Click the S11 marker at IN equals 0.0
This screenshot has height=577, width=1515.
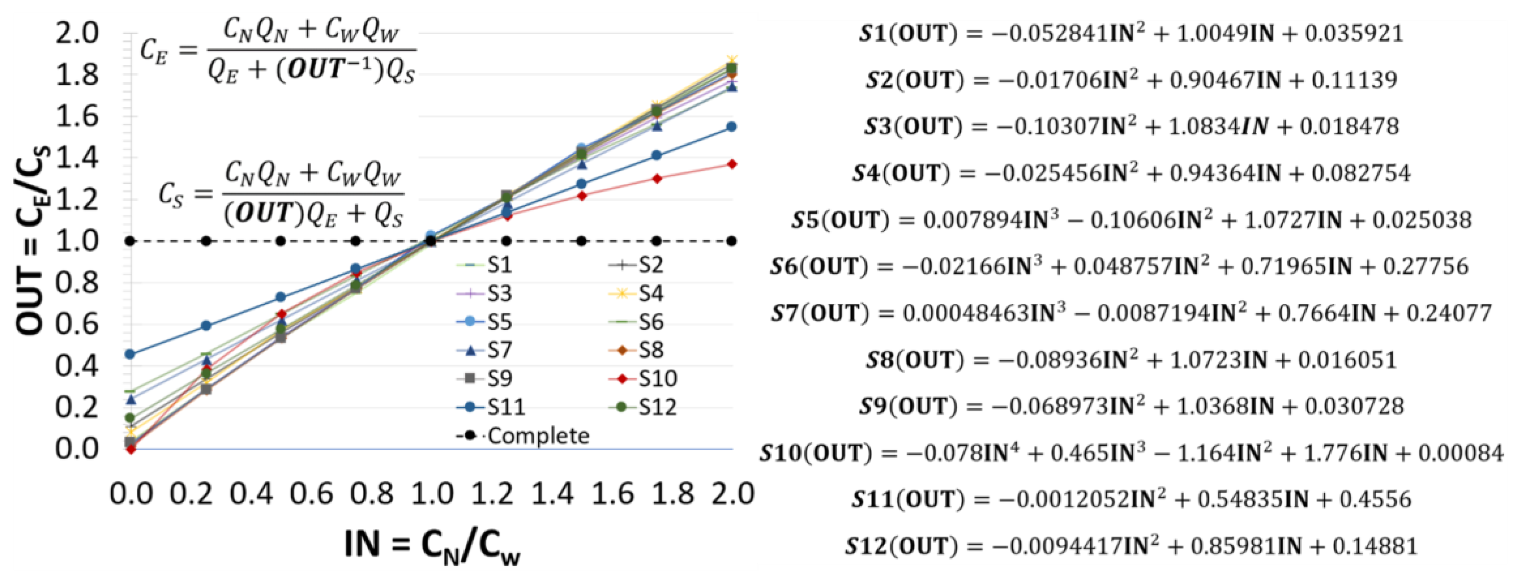click(130, 354)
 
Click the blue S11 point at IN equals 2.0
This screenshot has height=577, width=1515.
click(732, 127)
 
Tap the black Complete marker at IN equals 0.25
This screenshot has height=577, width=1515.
click(206, 241)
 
